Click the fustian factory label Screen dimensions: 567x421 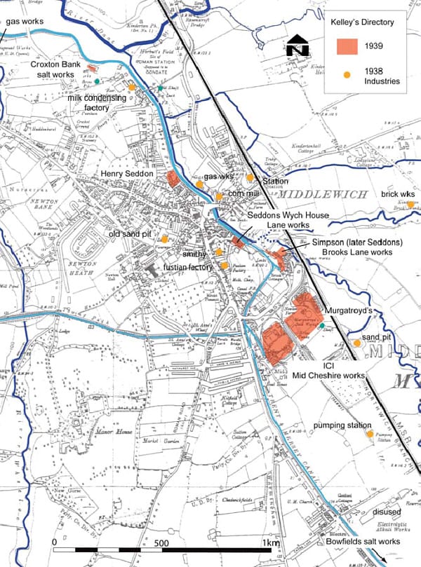[x=188, y=267]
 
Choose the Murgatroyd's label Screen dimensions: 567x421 [x=348, y=309]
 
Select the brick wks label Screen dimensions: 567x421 [x=399, y=193]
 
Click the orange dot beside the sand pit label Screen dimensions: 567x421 [x=357, y=343]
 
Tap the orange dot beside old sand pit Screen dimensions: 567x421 [x=164, y=239]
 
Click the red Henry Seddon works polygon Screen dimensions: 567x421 [x=173, y=178]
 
